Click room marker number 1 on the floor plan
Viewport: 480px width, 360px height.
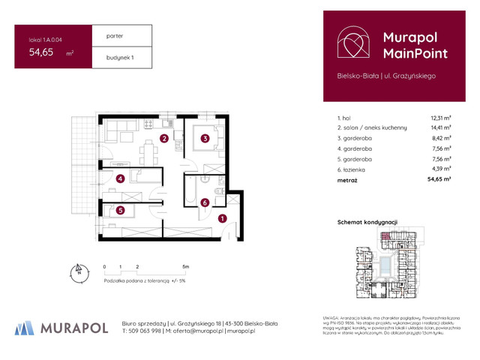(222, 219)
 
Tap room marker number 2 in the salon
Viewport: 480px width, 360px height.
(163, 138)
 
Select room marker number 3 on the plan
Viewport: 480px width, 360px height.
(204, 137)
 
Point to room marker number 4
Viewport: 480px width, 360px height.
(120, 178)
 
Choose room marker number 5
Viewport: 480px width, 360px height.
(120, 211)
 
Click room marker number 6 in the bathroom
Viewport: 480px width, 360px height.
(204, 202)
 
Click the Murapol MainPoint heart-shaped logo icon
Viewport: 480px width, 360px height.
(352, 43)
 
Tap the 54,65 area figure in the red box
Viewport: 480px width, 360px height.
(41, 52)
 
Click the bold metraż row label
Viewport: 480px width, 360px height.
(347, 181)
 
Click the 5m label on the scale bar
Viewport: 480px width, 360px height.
(184, 266)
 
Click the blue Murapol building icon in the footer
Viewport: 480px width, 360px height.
(25, 328)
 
